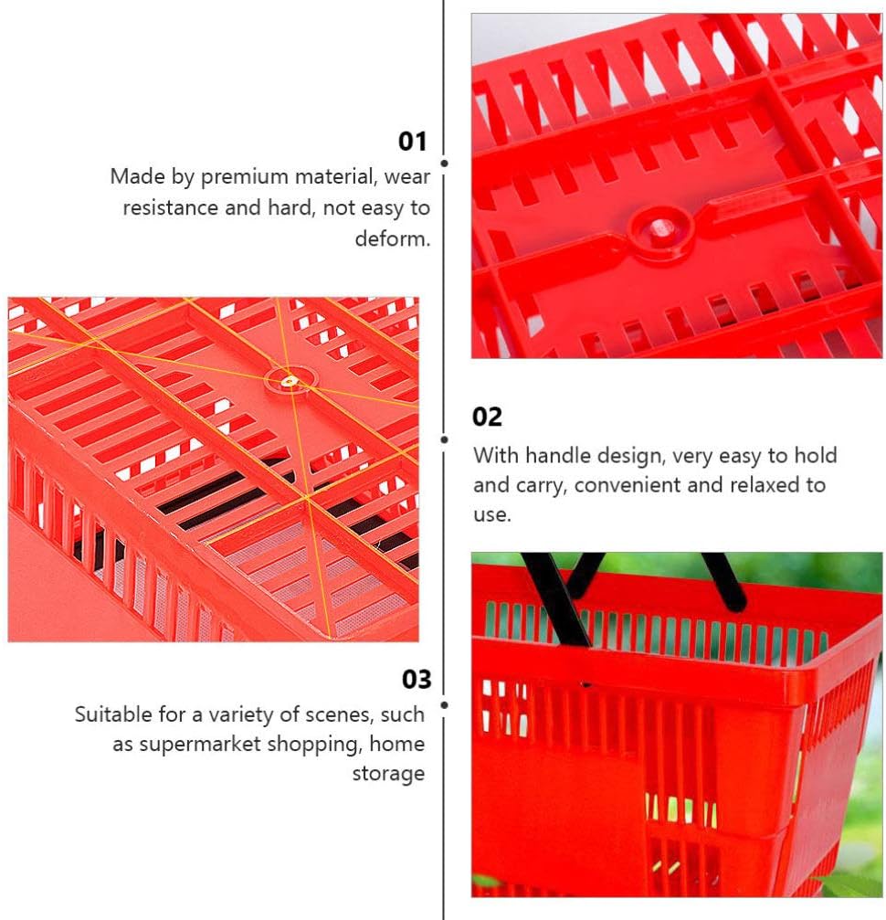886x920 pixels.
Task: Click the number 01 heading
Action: tap(412, 142)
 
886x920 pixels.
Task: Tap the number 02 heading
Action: tap(487, 417)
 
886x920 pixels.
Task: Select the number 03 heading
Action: tap(417, 679)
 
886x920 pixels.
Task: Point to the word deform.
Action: tap(393, 238)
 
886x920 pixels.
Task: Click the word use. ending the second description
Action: tap(492, 515)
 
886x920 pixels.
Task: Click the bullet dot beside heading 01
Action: tap(445, 164)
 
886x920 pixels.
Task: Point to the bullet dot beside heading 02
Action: tap(445, 439)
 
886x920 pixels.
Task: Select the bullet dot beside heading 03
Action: tap(445, 704)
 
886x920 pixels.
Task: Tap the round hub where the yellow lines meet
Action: tap(290, 381)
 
